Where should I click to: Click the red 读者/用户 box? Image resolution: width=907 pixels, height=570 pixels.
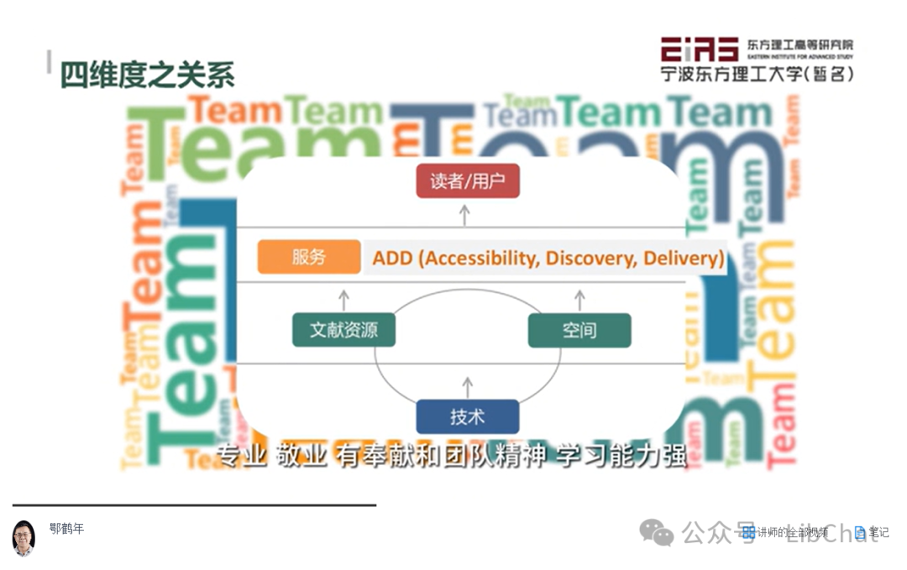coord(468,181)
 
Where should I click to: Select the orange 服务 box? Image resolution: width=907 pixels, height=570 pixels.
coord(309,257)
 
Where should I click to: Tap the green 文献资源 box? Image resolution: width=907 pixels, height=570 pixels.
coord(343,330)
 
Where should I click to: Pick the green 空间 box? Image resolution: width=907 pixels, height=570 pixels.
coord(579,330)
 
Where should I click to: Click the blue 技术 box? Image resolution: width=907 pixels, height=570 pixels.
coord(468,416)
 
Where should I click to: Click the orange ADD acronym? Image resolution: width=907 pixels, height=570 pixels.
coord(393,258)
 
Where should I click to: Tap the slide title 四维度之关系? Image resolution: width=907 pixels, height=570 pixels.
coord(147,76)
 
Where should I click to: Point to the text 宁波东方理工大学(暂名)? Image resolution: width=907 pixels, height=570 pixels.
coord(757,74)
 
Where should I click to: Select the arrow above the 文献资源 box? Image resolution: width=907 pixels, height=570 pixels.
coord(343,299)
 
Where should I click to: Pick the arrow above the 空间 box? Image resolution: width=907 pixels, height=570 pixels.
coord(579,299)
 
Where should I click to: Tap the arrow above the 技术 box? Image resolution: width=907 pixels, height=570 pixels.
coord(468,386)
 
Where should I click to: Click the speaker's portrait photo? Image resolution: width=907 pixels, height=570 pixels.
coord(24,537)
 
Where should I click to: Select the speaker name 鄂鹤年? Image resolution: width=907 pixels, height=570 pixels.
coord(66,529)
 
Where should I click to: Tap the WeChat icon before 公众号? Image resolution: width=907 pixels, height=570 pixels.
coord(656,532)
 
